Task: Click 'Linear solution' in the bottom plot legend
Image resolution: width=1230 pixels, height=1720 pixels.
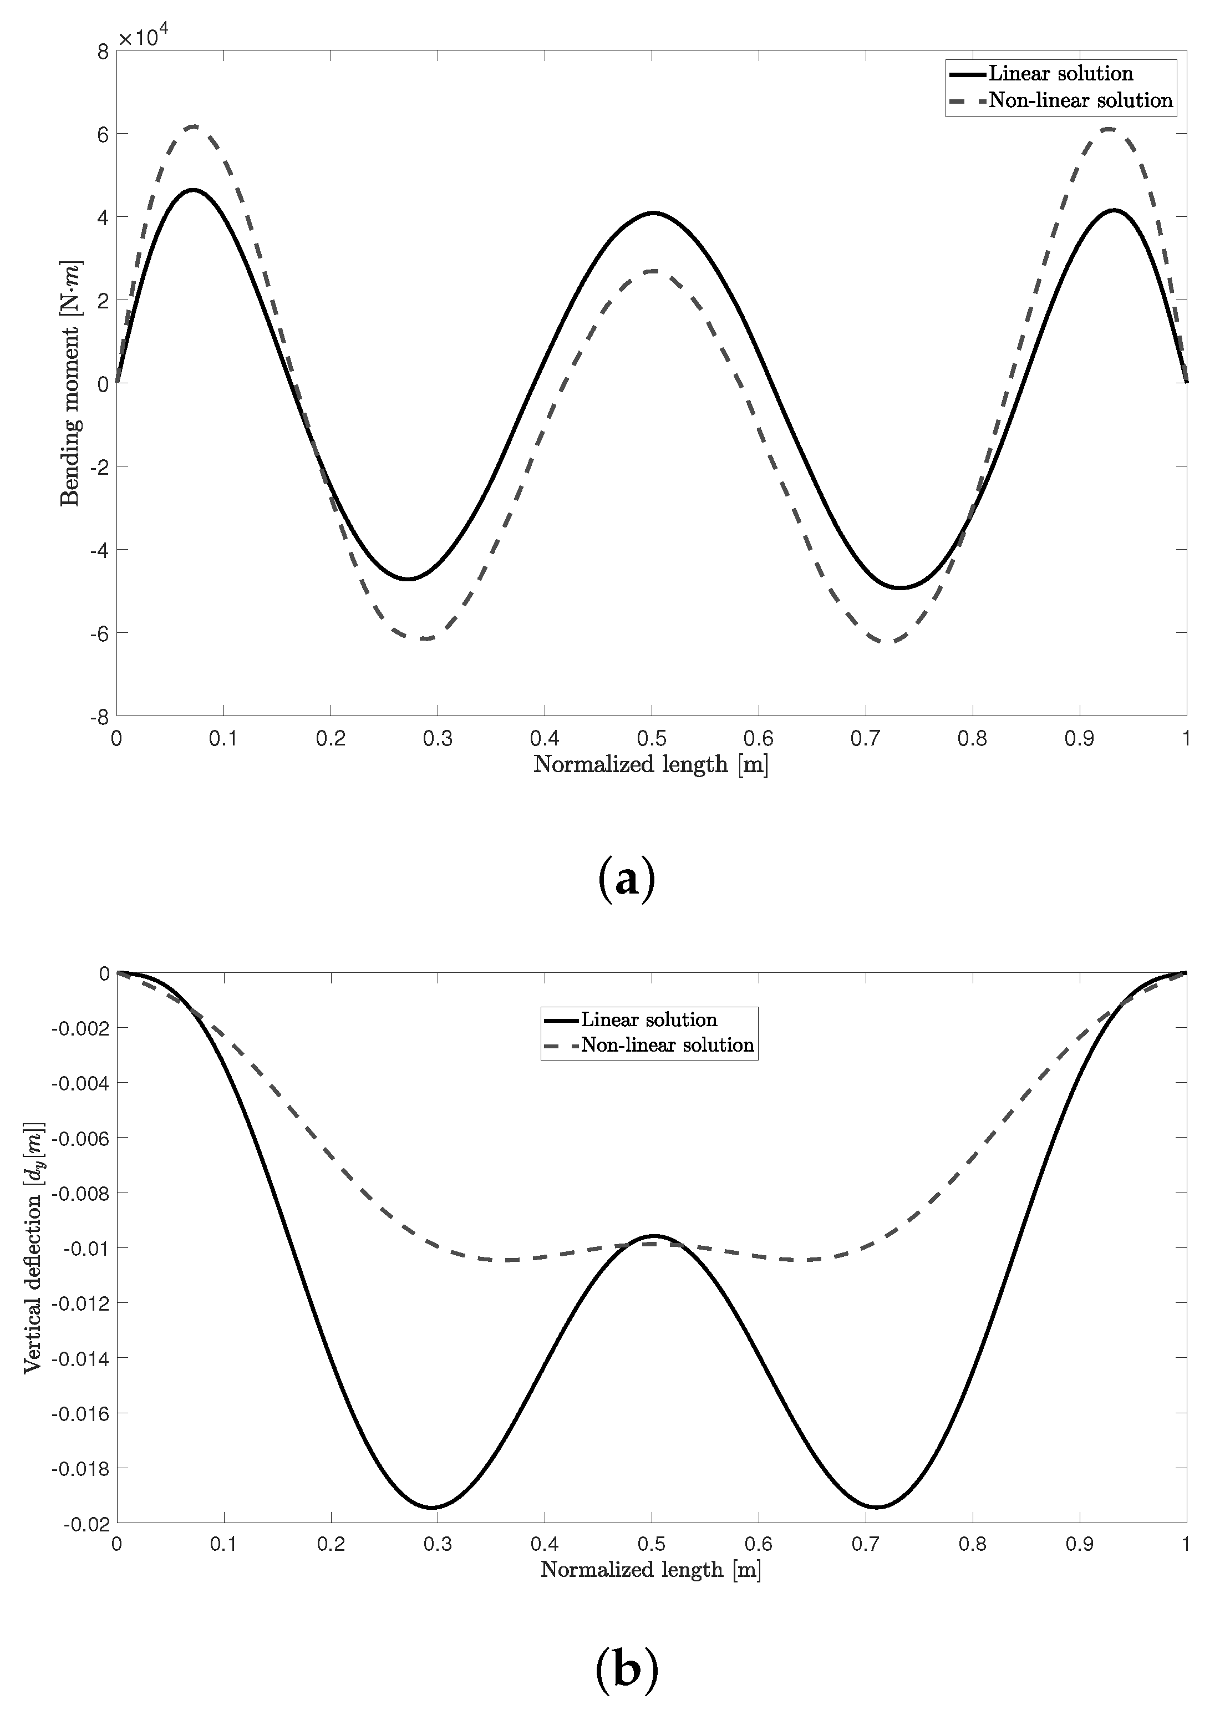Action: coord(649,1019)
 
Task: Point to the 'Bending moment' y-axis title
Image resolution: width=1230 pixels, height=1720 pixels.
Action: coord(70,383)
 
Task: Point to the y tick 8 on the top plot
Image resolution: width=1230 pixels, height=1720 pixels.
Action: coord(102,52)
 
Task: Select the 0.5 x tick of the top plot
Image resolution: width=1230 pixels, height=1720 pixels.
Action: coord(652,738)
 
